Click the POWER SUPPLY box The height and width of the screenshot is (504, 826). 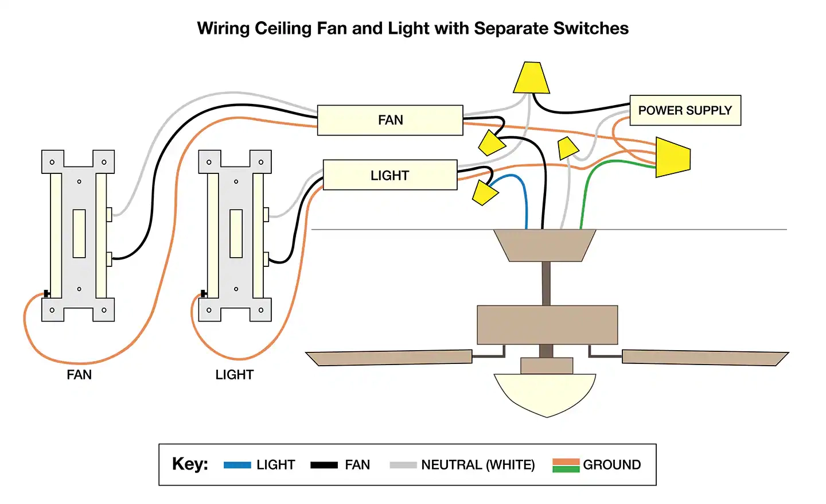685,110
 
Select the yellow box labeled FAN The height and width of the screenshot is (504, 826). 390,120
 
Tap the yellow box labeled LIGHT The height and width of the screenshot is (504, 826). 390,175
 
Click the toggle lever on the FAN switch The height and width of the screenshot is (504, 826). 79,233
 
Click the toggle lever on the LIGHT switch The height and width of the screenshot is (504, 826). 236,233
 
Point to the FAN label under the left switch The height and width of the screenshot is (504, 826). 79,375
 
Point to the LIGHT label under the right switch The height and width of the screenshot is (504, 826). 234,375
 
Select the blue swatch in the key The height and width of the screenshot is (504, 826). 237,465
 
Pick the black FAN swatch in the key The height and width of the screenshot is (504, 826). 324,465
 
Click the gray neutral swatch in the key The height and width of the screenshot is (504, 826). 403,465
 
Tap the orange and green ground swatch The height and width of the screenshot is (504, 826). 566,465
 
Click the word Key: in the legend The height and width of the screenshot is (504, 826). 190,464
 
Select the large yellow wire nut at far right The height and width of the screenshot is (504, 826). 672,157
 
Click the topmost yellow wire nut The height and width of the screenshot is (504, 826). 532,78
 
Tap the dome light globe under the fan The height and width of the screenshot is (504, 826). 545,393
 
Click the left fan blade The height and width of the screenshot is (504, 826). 390,358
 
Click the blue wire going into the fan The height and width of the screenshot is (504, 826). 525,201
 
